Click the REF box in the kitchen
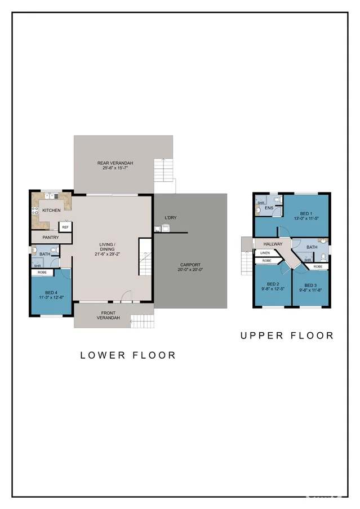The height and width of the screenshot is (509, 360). pos(65,227)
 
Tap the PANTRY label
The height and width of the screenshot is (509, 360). pos(51,238)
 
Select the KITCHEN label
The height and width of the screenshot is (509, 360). pos(51,211)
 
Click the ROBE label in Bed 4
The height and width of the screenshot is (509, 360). pos(42,273)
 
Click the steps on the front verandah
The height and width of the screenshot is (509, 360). pos(142,322)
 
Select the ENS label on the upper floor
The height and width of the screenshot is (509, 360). pos(269,208)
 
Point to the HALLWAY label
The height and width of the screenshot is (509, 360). pos(272,244)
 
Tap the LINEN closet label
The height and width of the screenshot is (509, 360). pos(265,253)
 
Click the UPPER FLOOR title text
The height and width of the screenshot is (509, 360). pos(287,336)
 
